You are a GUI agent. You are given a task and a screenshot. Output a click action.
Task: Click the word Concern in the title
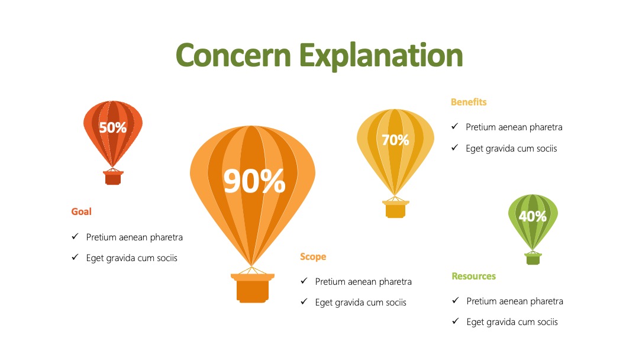click(x=233, y=55)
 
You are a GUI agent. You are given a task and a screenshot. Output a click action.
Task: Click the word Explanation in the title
click(x=381, y=56)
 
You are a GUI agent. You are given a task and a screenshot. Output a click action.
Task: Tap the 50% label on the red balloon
click(x=113, y=128)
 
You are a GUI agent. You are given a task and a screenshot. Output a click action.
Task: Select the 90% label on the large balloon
click(x=254, y=181)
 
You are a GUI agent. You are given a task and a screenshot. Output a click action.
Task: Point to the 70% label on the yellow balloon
click(x=395, y=140)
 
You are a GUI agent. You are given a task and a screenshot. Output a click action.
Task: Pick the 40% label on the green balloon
click(x=532, y=216)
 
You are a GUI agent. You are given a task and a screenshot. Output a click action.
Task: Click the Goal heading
click(x=82, y=211)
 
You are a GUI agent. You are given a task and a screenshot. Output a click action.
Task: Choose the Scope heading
click(x=313, y=257)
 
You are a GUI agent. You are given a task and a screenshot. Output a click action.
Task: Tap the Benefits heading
click(x=469, y=102)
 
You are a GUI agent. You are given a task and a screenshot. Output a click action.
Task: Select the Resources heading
click(x=473, y=276)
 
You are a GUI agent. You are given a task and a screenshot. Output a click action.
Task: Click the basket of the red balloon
click(x=113, y=178)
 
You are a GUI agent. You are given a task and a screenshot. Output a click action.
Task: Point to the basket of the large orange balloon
click(x=253, y=288)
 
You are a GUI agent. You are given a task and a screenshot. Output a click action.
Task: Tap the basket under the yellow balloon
click(x=395, y=209)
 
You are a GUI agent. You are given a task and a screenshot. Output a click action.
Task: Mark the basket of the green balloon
click(x=532, y=259)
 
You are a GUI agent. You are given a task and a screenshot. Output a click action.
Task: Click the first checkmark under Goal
click(x=75, y=236)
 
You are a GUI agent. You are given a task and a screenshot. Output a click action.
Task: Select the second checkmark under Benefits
click(x=455, y=147)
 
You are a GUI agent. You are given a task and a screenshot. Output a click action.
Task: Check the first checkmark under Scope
click(x=304, y=281)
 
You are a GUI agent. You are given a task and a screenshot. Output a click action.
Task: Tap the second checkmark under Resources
click(x=456, y=322)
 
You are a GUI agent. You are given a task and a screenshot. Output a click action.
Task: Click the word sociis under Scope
click(x=395, y=303)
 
